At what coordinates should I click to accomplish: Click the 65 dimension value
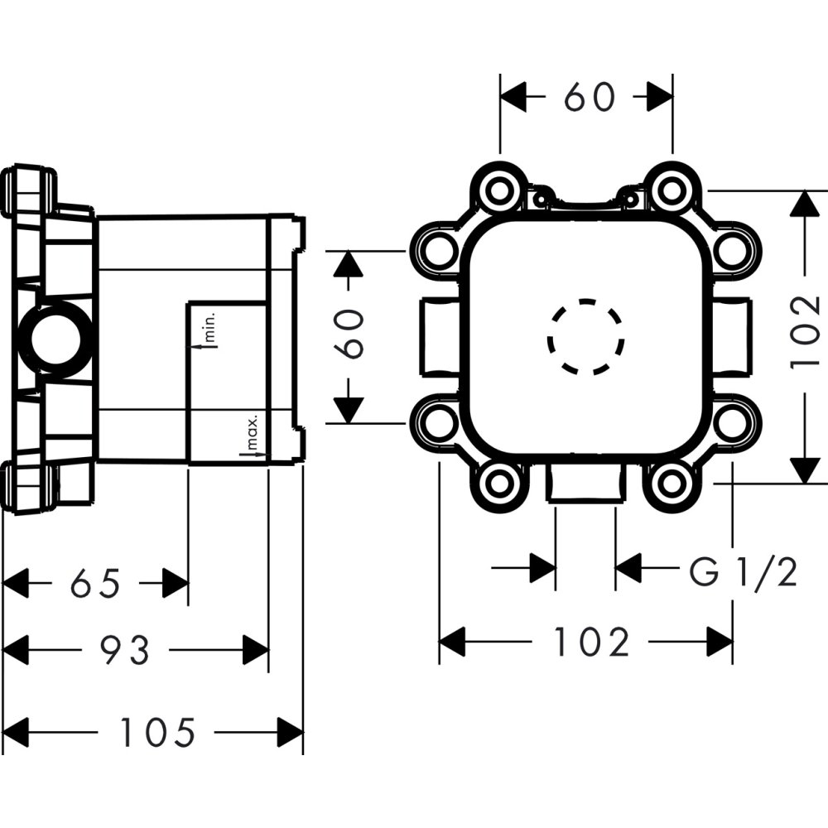95,584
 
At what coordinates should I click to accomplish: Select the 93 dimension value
125,650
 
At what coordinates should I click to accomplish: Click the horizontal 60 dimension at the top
589,97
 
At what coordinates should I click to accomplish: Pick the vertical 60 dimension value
350,334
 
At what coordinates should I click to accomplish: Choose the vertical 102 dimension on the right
804,330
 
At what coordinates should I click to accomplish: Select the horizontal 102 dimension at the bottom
592,642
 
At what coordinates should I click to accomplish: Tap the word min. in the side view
210,326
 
